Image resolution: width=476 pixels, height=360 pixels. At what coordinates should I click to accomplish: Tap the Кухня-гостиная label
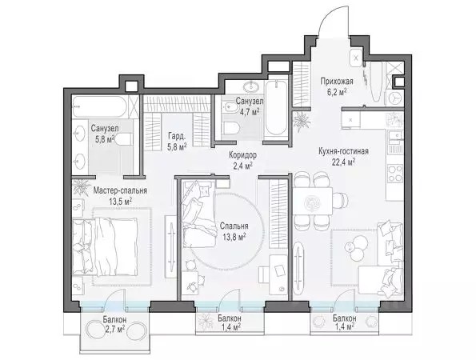point(344,151)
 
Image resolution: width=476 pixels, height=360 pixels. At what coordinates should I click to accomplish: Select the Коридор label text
point(243,155)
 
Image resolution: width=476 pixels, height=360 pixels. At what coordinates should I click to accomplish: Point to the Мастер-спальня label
point(120,190)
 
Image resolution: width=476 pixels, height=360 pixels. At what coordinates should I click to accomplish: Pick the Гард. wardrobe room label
point(176,137)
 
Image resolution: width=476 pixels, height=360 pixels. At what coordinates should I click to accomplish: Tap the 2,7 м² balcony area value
point(114,330)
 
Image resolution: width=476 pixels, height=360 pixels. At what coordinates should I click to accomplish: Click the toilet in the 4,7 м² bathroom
point(230,128)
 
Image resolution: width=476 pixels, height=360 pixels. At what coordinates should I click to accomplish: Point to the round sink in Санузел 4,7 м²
point(252,86)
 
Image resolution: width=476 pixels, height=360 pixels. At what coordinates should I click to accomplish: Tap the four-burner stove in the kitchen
point(395,174)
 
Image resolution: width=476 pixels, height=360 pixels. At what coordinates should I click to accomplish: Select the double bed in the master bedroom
point(105,247)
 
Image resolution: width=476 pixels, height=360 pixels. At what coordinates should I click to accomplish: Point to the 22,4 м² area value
point(344,162)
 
